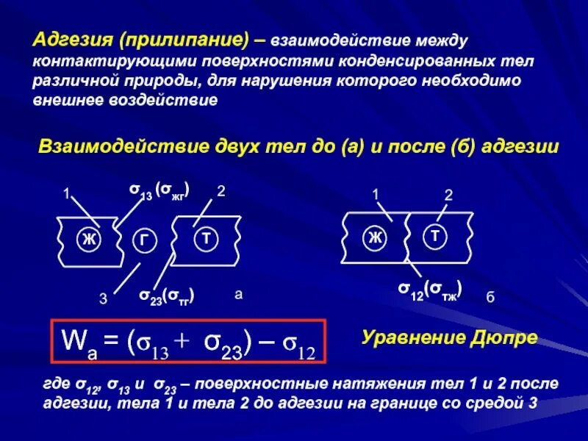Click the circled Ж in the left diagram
pos(88,239)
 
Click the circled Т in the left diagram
pos(207,238)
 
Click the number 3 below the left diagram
pos(103,299)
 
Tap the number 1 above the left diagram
pos(65,195)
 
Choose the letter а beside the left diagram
pos(237,295)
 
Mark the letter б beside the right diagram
pos(490,298)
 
